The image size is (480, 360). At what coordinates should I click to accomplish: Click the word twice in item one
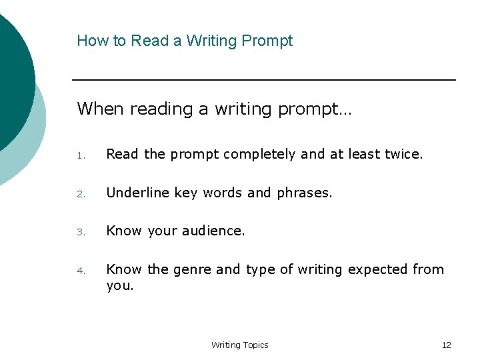click(403, 155)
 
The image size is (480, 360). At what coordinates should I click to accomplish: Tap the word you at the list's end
click(119, 286)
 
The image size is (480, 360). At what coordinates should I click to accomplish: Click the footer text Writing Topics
click(239, 345)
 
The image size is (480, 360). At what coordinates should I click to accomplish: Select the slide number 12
click(446, 345)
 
